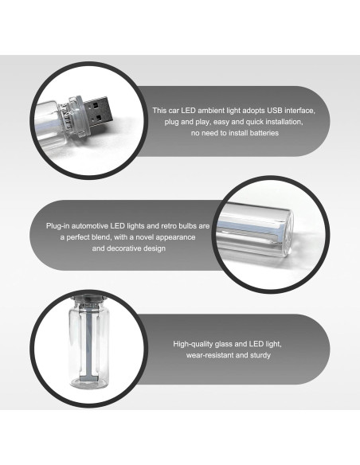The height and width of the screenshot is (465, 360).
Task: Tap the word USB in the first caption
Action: [x=275, y=111]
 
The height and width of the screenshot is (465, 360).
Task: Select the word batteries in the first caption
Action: [x=264, y=133]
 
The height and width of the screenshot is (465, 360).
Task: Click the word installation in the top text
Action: [x=283, y=122]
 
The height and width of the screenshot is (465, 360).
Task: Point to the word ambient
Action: [x=211, y=111]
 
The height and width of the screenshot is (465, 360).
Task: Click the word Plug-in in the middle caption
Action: [x=57, y=226]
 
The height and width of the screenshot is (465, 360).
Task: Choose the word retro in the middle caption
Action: [x=169, y=226]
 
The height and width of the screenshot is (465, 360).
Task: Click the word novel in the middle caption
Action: [x=145, y=237]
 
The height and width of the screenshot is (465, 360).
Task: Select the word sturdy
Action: [x=260, y=355]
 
